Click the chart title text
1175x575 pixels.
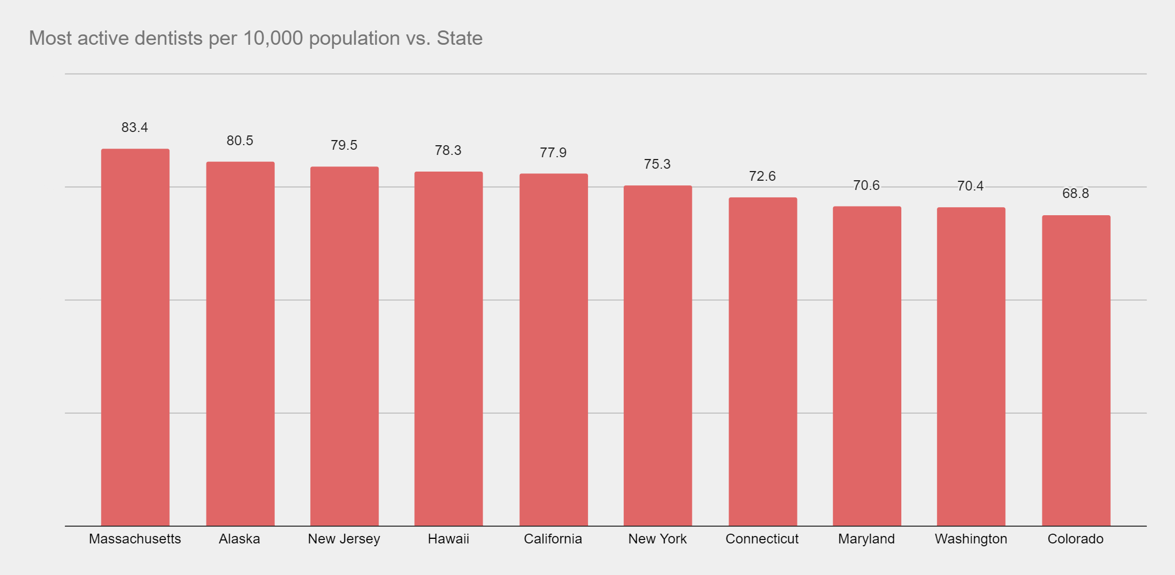[255, 38]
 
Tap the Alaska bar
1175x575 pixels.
[240, 344]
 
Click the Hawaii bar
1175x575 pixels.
[449, 349]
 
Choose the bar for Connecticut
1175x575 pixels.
[762, 362]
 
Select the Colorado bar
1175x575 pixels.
[1076, 371]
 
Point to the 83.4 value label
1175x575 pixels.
[135, 127]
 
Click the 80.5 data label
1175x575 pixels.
[240, 141]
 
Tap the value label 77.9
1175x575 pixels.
[553, 153]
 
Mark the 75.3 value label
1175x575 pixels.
[657, 164]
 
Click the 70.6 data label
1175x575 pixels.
[866, 185]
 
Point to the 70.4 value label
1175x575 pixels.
[971, 186]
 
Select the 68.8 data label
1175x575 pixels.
[1076, 193]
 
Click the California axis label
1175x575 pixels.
[553, 539]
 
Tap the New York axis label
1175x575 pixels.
[657, 539]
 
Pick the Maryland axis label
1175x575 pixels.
[866, 539]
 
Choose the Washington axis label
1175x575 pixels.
[971, 539]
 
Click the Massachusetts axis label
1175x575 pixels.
[135, 539]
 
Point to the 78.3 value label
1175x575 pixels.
[448, 150]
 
